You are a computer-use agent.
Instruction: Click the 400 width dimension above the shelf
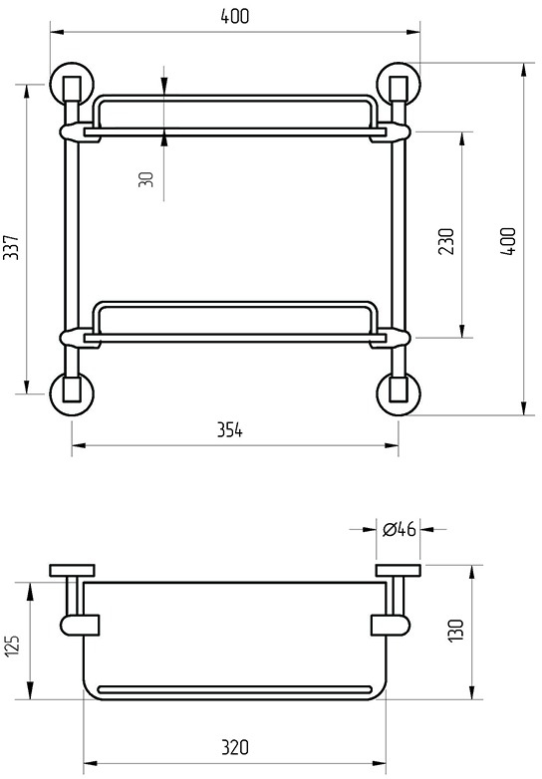234,16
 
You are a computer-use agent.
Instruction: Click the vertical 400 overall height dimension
509,241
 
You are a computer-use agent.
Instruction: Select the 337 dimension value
11,247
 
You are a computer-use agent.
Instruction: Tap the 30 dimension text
146,179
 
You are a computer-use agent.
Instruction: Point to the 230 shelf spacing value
446,241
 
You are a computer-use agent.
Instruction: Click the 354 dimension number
230,430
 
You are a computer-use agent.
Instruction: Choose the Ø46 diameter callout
399,530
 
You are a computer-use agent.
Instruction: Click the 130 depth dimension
456,631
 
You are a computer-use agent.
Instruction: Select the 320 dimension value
235,747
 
